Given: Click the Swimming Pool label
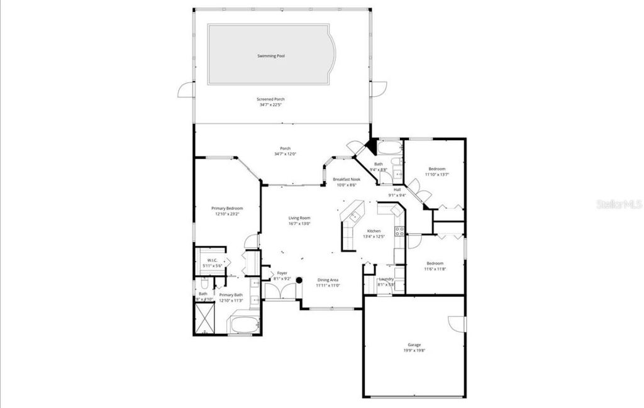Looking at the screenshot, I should [x=271, y=56].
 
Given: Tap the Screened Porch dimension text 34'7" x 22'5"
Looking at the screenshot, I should [x=271, y=105].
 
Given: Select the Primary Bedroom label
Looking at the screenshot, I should [x=226, y=208].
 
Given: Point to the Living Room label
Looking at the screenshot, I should [x=299, y=218].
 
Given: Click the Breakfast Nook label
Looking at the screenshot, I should [x=346, y=179].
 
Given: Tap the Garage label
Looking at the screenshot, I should [x=414, y=345].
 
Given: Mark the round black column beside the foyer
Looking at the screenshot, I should [x=299, y=280].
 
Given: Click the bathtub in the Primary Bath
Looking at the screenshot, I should [x=244, y=325].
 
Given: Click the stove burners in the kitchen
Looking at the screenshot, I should [x=399, y=231].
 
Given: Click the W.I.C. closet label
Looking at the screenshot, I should [x=212, y=260].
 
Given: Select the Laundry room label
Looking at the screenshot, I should [x=386, y=279].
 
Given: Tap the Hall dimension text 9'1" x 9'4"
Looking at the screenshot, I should [x=397, y=195].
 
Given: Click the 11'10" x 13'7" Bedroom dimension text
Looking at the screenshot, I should [x=436, y=174].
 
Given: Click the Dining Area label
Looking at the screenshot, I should [x=328, y=280].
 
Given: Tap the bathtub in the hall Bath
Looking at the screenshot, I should [x=389, y=150].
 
